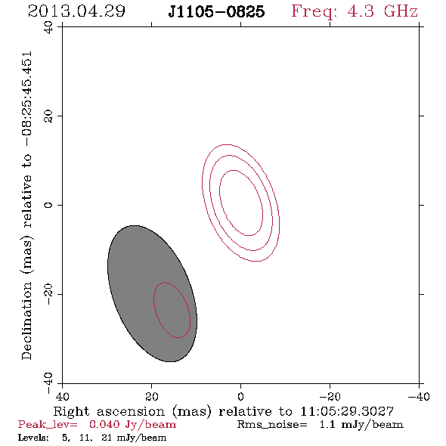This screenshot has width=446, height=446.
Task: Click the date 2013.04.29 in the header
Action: pyautogui.click(x=76, y=11)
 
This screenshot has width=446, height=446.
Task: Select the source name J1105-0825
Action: pyautogui.click(x=216, y=11)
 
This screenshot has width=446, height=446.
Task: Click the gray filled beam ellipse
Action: pyautogui.click(x=152, y=293)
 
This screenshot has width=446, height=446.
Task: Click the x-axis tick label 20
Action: pyautogui.click(x=152, y=396)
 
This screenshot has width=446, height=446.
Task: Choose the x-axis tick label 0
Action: pyautogui.click(x=240, y=396)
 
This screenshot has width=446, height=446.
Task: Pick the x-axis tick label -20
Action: pyautogui.click(x=330, y=396)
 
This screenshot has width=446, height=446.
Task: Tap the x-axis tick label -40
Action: pyautogui.click(x=419, y=396)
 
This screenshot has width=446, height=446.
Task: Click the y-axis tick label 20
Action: pyautogui.click(x=48, y=116)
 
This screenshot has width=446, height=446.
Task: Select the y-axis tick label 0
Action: pyautogui.click(x=48, y=205)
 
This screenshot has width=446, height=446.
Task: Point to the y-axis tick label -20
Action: pyautogui.click(x=48, y=294)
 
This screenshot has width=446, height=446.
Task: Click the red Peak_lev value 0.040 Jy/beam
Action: pyautogui.click(x=132, y=425)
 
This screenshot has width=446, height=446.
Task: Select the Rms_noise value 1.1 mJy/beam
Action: pyautogui.click(x=361, y=425)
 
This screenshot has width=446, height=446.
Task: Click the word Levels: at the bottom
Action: pyautogui.click(x=33, y=438)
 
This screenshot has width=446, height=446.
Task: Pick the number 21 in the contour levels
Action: pyautogui.click(x=107, y=438)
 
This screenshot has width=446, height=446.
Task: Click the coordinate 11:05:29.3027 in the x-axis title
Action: pyautogui.click(x=347, y=411)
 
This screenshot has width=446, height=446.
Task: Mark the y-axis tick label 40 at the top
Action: pyautogui.click(x=48, y=27)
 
